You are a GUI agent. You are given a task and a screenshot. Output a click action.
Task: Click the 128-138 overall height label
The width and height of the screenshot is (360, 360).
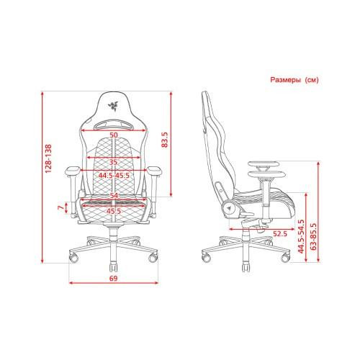point(48,158)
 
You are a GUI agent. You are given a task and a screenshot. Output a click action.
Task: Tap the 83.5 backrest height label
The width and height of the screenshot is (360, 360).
point(165,140)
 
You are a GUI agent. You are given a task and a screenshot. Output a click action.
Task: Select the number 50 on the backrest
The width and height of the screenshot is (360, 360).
point(114,135)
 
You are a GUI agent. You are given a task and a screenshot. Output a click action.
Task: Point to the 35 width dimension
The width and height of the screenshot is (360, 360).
point(114,162)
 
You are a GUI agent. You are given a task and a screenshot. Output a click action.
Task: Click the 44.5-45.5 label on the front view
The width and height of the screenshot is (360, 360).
point(114,176)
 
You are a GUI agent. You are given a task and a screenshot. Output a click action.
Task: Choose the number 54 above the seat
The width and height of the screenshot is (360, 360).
point(114,196)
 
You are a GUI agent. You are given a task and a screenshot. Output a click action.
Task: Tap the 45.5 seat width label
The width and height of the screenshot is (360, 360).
point(114,212)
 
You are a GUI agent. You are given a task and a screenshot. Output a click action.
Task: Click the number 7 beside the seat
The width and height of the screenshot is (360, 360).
point(61,207)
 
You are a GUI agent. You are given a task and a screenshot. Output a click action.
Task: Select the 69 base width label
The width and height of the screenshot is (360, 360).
point(114,279)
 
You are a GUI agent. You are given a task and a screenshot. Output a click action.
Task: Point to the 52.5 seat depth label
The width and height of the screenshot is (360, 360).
point(280,233)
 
